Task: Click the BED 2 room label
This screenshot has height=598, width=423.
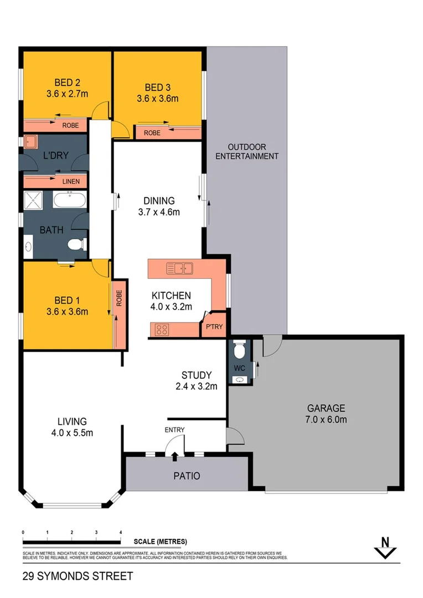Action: click(x=68, y=84)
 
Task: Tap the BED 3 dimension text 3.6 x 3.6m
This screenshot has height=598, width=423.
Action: click(x=158, y=99)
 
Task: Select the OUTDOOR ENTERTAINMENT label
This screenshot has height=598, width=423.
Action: click(x=247, y=151)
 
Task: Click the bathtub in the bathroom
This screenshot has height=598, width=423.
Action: click(x=69, y=199)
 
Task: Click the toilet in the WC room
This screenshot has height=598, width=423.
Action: click(x=239, y=351)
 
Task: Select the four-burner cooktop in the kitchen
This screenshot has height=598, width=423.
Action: click(x=162, y=330)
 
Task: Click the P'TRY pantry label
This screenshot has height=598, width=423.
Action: click(x=214, y=327)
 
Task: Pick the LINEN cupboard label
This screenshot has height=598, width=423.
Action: click(x=71, y=182)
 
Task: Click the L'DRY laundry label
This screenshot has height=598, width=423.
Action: click(x=55, y=156)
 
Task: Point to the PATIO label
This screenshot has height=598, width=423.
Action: click(x=187, y=476)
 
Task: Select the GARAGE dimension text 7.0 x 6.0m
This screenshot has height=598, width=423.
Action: click(x=327, y=419)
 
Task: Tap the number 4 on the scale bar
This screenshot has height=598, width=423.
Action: click(x=121, y=532)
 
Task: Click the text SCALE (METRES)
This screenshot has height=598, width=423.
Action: click(x=161, y=542)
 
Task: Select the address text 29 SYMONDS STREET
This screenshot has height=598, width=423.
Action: click(x=78, y=576)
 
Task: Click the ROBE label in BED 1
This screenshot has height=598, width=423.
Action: click(x=118, y=300)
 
